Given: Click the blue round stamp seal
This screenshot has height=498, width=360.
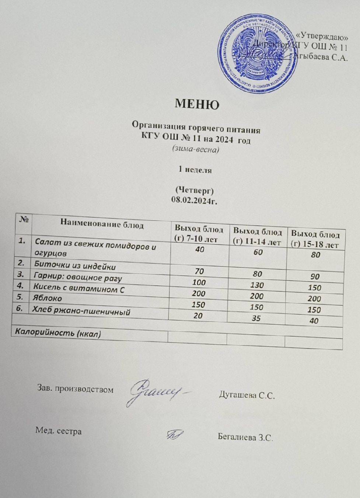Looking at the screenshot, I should pos(258,53).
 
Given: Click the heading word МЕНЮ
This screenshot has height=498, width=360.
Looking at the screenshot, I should pos(197,104).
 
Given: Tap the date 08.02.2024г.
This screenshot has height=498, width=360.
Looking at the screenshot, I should pos(194,200).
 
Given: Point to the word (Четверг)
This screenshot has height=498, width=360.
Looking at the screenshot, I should pos(194,190).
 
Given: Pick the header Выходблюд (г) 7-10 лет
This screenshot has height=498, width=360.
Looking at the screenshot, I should pos(199,234).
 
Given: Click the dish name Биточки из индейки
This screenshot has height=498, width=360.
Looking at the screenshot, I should pos(75,265).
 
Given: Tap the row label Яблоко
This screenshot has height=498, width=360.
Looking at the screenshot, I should pos(48,298).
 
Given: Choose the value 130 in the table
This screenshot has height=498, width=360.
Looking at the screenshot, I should pos(257,285).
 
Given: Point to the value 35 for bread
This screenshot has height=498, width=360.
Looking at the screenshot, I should pos(256,318).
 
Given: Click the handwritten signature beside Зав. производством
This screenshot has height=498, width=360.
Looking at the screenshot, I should pos(155,392).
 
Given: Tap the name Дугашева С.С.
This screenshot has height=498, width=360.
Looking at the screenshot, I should pos(247,395).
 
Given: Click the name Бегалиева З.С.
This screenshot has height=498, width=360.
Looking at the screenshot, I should pos(245,437).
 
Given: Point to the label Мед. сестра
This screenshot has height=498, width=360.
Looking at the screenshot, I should pos(58,431).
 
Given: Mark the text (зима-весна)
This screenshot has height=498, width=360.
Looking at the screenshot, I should pos(195,149).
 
